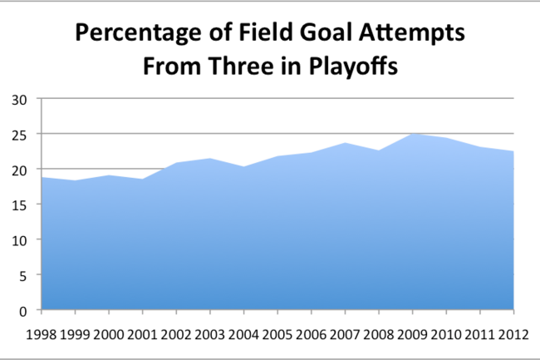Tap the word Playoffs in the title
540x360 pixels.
(x=353, y=67)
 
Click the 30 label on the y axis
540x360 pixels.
(x=19, y=101)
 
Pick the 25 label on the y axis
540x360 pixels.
(x=19, y=136)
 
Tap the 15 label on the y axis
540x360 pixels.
(x=19, y=206)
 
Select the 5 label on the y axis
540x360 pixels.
(x=22, y=276)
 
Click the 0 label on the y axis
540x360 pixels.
(x=22, y=312)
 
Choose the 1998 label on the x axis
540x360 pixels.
(x=42, y=334)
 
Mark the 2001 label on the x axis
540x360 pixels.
(x=142, y=334)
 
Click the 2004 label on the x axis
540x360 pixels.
(x=243, y=334)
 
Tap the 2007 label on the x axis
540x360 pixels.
(x=345, y=334)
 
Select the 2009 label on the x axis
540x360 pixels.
(x=412, y=334)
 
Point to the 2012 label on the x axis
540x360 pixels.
(x=513, y=334)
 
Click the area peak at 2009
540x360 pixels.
(x=412, y=134)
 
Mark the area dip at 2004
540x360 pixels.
(x=243, y=167)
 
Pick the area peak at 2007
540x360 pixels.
(x=345, y=143)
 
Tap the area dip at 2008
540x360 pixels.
(x=379, y=150)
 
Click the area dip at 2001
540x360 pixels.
(x=143, y=179)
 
